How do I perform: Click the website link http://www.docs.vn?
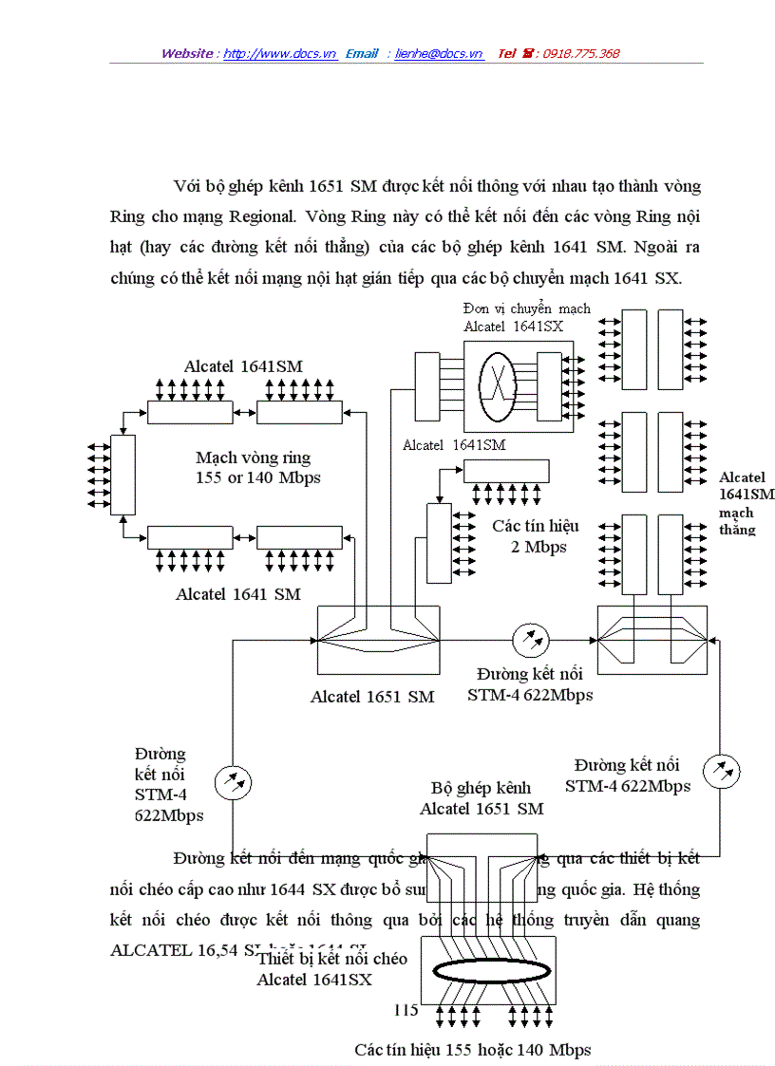[x=280, y=54]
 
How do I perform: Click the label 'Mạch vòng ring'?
[x=253, y=458]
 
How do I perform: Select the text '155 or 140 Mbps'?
[x=258, y=477]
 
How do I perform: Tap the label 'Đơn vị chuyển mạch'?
[x=526, y=309]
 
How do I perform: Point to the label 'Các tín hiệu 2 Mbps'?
[x=535, y=536]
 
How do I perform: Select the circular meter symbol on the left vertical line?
[x=233, y=783]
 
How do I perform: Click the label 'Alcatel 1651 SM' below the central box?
[x=372, y=697]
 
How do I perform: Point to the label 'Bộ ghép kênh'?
[x=481, y=788]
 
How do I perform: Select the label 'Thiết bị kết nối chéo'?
[x=332, y=959]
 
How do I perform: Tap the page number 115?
[x=406, y=1010]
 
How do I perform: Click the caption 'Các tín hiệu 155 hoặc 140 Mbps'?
[x=473, y=1049]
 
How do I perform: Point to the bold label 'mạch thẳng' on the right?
[x=738, y=520]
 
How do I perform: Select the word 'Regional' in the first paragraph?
[x=273, y=216]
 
